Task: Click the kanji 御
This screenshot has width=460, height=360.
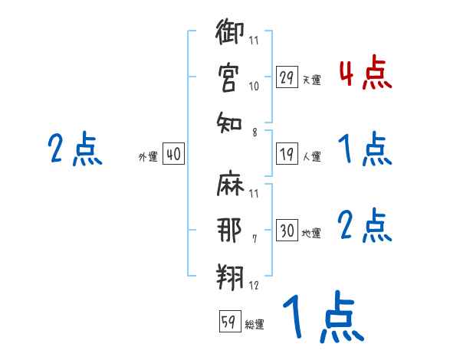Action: tap(229, 34)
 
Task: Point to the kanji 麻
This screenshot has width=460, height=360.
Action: tap(229, 186)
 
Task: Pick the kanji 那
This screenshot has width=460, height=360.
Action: tap(229, 230)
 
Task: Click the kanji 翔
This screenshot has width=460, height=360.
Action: tap(229, 273)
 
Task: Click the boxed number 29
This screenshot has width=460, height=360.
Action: tap(287, 77)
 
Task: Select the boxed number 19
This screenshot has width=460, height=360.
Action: tap(287, 154)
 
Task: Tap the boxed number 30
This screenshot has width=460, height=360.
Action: tap(287, 231)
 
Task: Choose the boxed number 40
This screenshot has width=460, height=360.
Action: tap(173, 154)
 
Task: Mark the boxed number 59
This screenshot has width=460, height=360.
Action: tap(229, 322)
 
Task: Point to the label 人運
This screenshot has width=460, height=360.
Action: tap(311, 156)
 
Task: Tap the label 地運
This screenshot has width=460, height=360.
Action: tap(311, 233)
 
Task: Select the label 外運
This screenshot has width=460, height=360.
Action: tap(148, 156)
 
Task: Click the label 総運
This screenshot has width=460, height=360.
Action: tap(255, 325)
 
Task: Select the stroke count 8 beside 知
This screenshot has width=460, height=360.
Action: tap(254, 133)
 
